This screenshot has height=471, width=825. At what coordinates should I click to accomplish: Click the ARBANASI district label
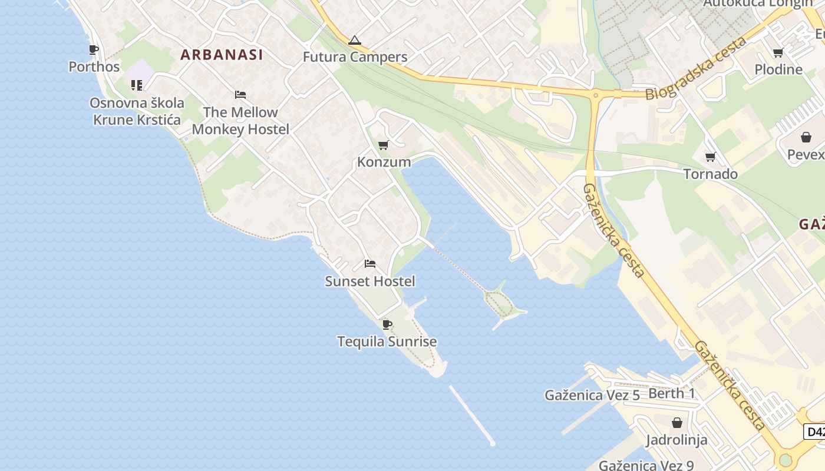222,55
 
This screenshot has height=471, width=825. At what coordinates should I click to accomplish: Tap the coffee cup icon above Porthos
94,49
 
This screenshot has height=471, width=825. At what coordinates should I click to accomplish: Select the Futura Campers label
355,57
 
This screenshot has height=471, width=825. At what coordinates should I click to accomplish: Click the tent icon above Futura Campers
355,41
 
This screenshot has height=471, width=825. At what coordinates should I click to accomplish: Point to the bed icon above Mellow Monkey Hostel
240,94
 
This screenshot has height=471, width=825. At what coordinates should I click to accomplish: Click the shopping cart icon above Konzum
384,145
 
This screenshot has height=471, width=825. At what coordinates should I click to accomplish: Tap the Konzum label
384,162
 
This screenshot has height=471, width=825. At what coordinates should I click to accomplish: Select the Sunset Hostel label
370,281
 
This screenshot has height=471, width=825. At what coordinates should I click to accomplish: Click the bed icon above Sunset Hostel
370,264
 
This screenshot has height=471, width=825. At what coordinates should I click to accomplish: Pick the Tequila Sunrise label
387,341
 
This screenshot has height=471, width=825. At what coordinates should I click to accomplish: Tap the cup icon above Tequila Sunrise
387,324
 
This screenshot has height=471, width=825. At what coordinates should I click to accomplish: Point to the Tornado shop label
711,174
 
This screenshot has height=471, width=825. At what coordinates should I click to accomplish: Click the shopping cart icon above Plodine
778,52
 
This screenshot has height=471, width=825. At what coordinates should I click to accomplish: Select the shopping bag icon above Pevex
806,138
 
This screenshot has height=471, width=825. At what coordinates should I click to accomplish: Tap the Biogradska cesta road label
695,68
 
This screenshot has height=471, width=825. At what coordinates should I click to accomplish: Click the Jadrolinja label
676,440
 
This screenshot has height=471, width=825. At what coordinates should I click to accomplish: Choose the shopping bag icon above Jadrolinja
677,423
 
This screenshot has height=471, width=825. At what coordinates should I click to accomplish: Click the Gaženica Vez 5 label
592,395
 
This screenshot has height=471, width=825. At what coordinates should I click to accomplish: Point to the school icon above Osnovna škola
137,85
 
